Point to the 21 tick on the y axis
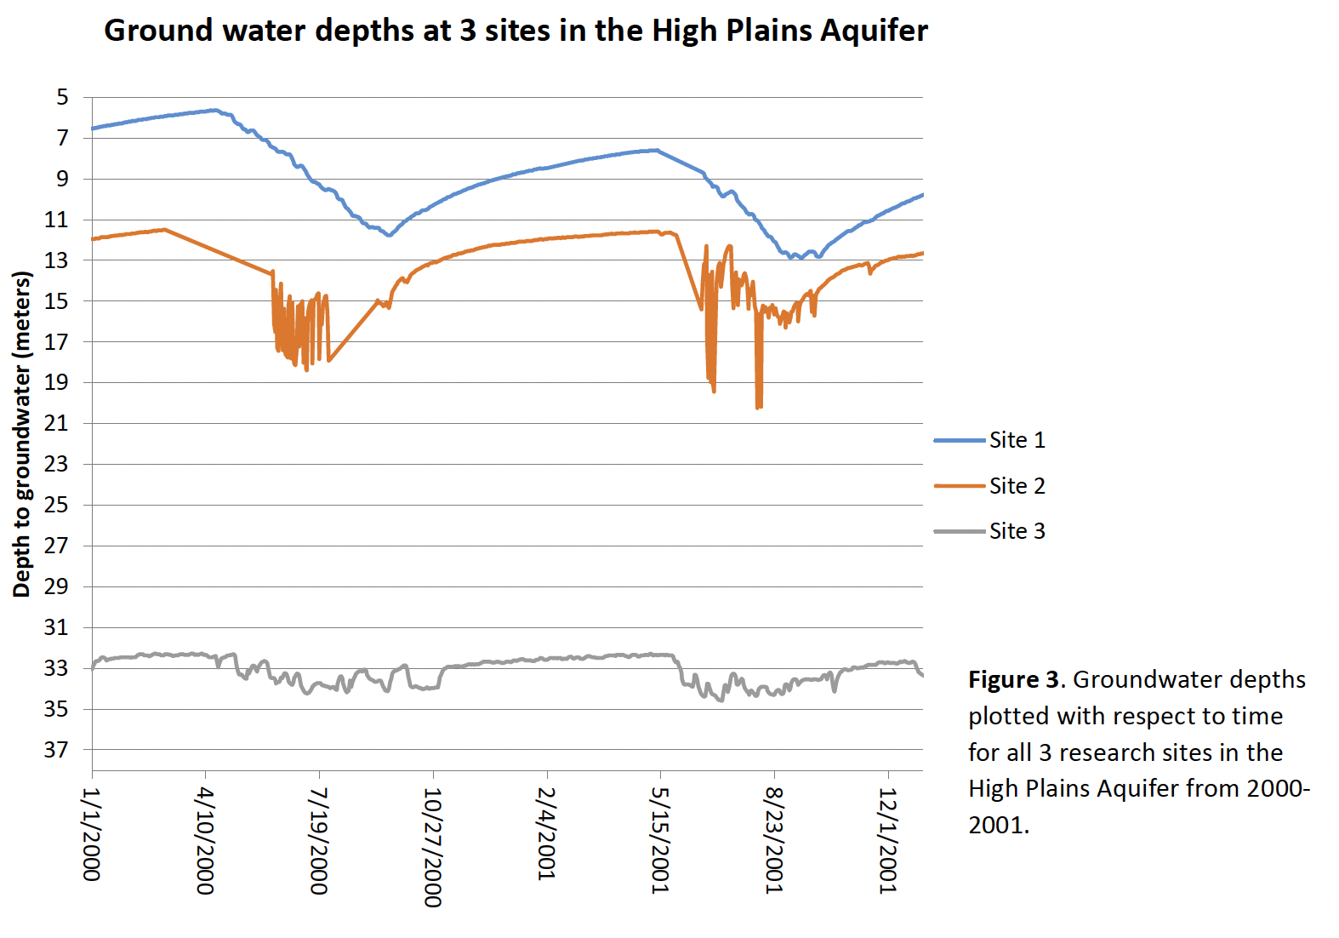(56, 423)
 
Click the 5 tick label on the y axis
(62, 97)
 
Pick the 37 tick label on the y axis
(56, 750)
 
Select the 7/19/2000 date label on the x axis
(319, 841)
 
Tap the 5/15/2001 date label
(660, 841)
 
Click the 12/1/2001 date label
(888, 841)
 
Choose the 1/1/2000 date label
(91, 834)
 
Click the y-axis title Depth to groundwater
(21, 434)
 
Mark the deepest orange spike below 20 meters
(758, 407)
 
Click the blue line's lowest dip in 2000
(389, 235)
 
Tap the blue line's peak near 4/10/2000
(214, 110)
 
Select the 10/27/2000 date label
(433, 847)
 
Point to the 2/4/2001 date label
(546, 834)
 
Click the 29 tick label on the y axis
(56, 586)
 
